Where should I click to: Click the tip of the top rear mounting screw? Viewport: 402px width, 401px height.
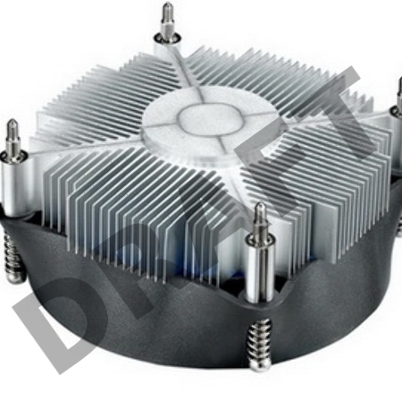click(166, 8)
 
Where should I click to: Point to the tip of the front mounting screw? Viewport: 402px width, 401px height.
click(258, 209)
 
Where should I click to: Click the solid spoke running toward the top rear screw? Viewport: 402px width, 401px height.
click(179, 72)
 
